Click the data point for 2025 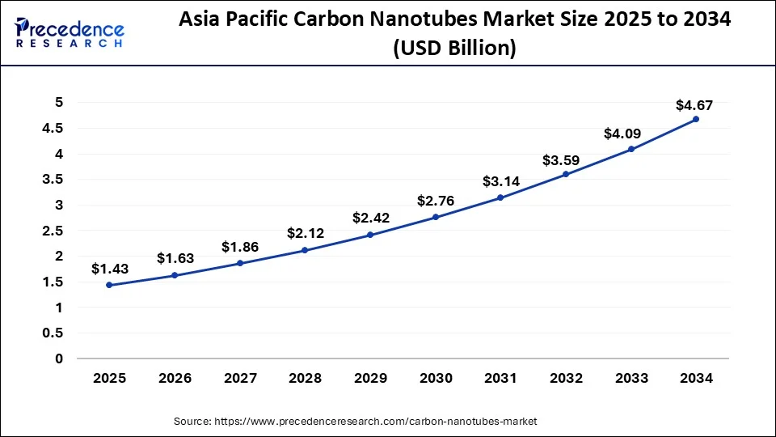pyautogui.click(x=109, y=285)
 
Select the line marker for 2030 pyautogui.click(x=436, y=217)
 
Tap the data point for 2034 pyautogui.click(x=696, y=119)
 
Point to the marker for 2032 pyautogui.click(x=566, y=174)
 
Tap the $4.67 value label pyautogui.click(x=694, y=105)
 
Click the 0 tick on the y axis pyautogui.click(x=58, y=359)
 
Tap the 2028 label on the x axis pyautogui.click(x=305, y=378)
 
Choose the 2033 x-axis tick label pyautogui.click(x=630, y=378)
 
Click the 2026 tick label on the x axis pyautogui.click(x=174, y=378)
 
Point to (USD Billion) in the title pyautogui.click(x=455, y=48)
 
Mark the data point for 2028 pyautogui.click(x=305, y=250)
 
